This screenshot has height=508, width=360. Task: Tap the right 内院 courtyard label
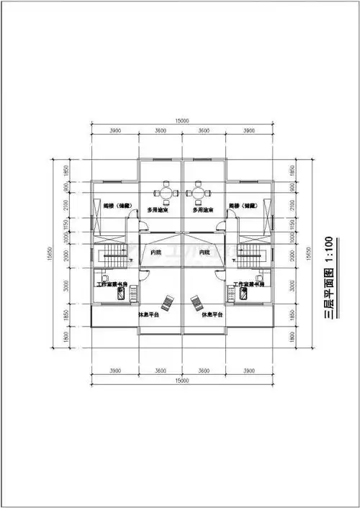204,253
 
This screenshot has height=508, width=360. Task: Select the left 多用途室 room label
158,210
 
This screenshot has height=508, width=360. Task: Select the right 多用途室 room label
203,210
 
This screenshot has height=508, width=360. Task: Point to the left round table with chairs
166,193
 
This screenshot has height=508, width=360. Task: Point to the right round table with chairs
197,193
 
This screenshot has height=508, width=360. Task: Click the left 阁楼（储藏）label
116,205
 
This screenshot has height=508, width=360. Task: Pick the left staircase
112,253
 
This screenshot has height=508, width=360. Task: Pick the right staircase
249,253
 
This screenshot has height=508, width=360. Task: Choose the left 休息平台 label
149,314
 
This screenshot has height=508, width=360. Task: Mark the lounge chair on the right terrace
194,301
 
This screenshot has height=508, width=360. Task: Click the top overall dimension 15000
181,122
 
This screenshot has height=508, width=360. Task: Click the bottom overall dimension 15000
181,379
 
